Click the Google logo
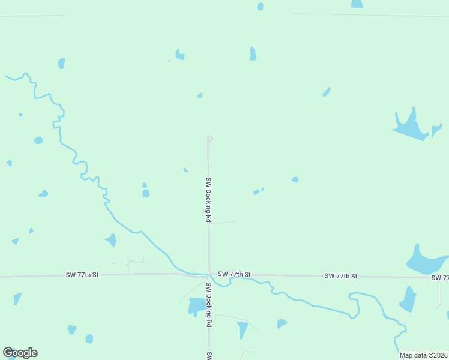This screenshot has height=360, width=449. point(20,353)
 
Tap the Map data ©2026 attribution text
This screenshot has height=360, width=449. point(423,355)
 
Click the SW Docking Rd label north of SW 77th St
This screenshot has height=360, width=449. point(208,200)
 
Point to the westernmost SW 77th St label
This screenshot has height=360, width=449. point(82,275)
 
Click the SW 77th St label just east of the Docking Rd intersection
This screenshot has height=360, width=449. point(234,274)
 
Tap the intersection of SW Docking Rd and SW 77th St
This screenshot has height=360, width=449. point(209,275)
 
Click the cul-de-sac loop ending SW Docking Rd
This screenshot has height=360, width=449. point(210,139)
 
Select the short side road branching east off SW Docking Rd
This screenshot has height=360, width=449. point(226,222)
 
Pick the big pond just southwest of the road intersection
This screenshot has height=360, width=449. point(196,305)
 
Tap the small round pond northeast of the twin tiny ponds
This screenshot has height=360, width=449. point(295,179)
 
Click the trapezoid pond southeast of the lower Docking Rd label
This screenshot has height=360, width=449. point(242,329)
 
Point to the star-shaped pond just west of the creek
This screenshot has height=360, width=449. point(111,240)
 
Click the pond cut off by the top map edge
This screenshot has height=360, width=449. point(357,4)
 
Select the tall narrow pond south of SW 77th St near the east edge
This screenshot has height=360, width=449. point(408,299)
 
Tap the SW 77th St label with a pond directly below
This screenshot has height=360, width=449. point(341,276)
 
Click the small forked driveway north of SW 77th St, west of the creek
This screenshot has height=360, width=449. point(135,263)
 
